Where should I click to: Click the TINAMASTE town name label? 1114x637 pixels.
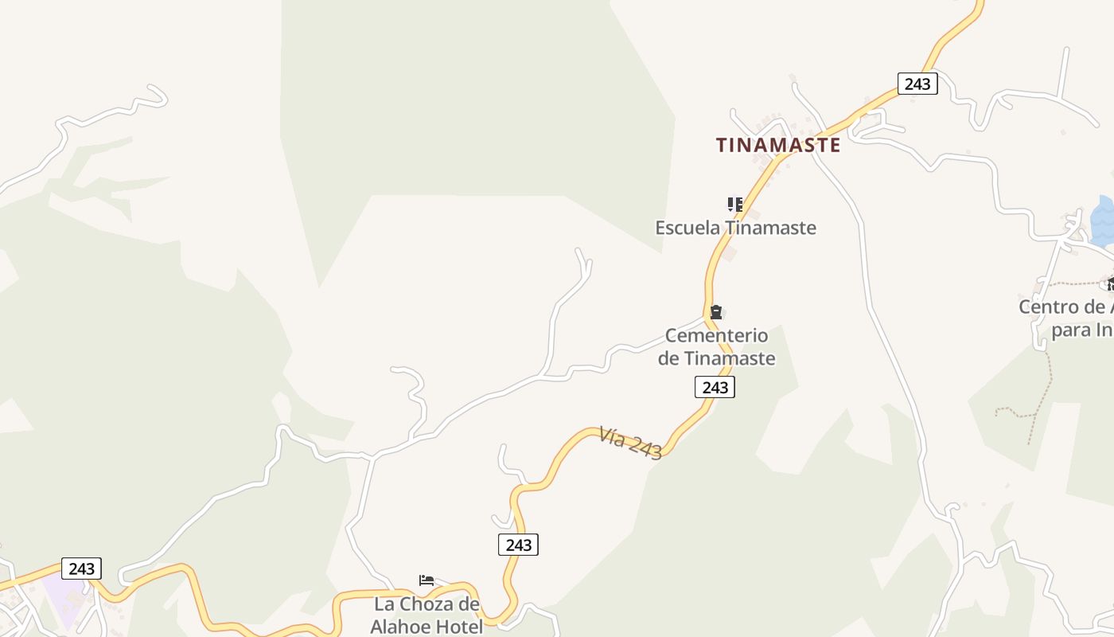777,145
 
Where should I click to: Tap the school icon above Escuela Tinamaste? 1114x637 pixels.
735,205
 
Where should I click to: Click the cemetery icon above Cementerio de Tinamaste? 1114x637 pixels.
716,311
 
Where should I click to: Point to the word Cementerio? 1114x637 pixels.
716,335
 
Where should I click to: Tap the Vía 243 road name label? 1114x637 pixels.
631,444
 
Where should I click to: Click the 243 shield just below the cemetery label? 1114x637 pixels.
715,388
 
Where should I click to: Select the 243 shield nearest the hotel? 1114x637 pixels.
518,545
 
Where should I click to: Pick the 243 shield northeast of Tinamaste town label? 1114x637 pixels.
917,84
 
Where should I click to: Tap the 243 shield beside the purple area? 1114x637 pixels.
81,569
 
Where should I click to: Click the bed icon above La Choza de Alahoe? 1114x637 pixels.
427,580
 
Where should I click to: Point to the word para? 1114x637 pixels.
1071,330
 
